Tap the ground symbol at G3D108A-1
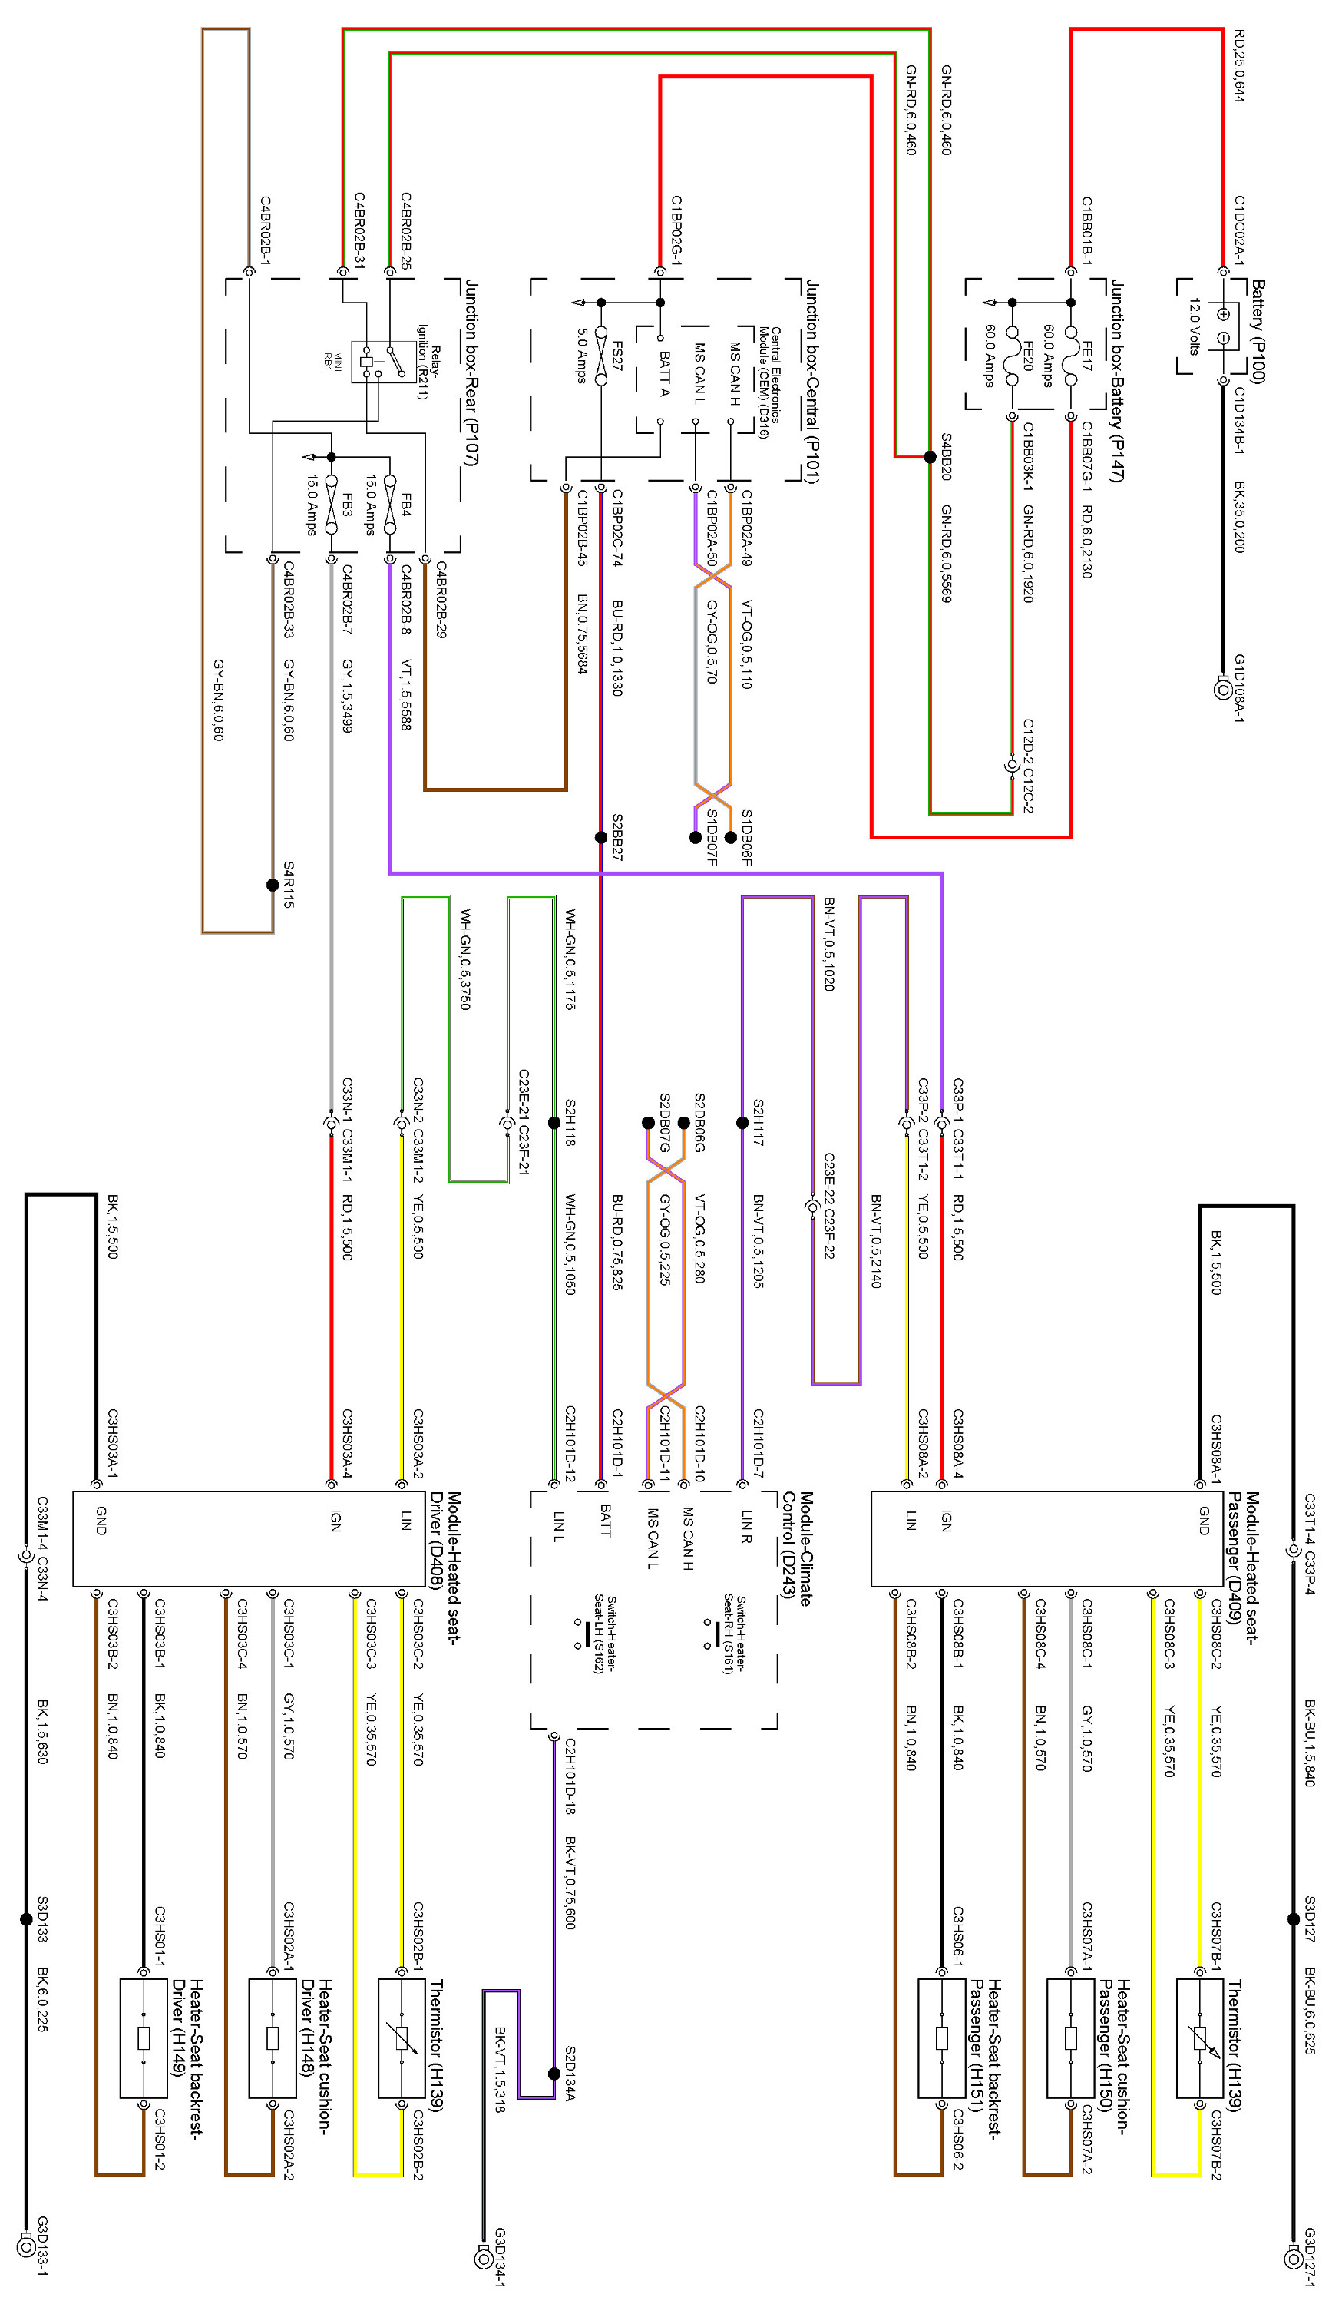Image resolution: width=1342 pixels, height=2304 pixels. pyautogui.click(x=1222, y=690)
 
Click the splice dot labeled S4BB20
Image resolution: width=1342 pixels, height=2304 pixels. pyautogui.click(x=930, y=457)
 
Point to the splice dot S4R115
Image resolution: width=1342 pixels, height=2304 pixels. pyautogui.click(x=273, y=885)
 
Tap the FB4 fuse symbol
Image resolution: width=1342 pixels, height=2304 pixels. pyautogui.click(x=390, y=505)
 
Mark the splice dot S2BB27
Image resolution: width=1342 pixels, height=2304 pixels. pyautogui.click(x=600, y=837)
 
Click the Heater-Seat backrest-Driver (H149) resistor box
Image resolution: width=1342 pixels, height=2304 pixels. pyautogui.click(x=144, y=2039)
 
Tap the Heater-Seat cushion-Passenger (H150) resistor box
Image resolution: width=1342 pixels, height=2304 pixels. pyautogui.click(x=1070, y=2039)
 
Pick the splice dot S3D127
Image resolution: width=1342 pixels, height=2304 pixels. pyautogui.click(x=1293, y=1919)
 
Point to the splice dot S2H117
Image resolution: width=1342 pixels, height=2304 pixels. pyautogui.click(x=742, y=1123)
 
